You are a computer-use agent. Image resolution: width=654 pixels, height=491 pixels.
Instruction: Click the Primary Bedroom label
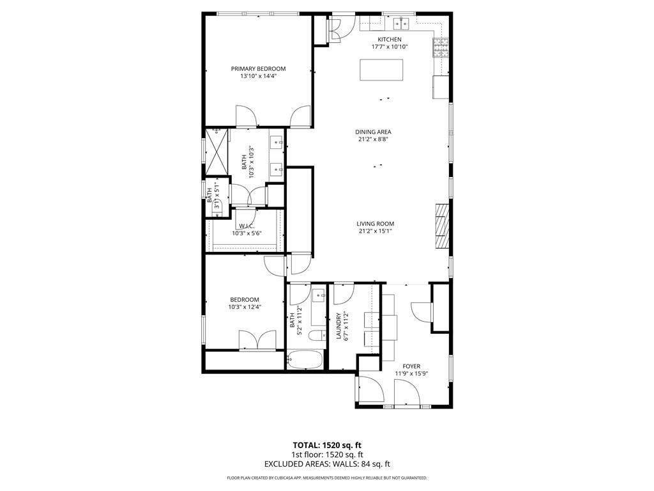[x=258, y=68]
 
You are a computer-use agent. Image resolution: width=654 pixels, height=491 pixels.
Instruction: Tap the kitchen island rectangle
[x=381, y=70]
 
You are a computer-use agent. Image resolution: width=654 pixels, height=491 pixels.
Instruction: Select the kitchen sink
[x=402, y=24]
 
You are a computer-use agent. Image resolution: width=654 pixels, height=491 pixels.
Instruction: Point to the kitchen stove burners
[x=441, y=47]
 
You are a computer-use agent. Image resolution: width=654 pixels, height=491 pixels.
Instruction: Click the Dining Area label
[x=373, y=132]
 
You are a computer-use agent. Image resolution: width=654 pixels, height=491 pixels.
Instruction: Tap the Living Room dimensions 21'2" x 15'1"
[x=376, y=231]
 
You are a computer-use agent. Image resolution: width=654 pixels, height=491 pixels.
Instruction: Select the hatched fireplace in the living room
[x=442, y=226]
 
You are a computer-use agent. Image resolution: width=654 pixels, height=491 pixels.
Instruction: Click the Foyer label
[x=411, y=366]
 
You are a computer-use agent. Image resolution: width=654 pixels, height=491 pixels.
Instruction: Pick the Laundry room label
[x=338, y=326]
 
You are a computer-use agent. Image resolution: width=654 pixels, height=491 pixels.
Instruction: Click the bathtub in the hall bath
[x=305, y=359]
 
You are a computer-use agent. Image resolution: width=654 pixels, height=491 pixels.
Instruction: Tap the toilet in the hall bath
[x=317, y=335]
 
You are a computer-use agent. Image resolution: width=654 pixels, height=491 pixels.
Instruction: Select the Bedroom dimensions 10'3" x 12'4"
[x=245, y=307]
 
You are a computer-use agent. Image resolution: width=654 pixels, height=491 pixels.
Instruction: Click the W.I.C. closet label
[x=247, y=226]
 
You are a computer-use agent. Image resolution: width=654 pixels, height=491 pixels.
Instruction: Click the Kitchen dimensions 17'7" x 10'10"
[x=390, y=47]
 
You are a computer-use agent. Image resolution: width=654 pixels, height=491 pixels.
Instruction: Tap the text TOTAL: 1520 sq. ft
[x=327, y=445]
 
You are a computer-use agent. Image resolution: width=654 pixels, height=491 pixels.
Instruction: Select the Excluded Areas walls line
[x=327, y=464]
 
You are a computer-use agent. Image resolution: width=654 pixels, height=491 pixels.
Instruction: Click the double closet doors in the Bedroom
[x=257, y=340]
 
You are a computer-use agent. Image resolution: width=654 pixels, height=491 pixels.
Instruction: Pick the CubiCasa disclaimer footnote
[x=327, y=478]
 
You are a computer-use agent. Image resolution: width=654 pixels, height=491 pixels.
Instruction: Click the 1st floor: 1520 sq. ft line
[x=327, y=455]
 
